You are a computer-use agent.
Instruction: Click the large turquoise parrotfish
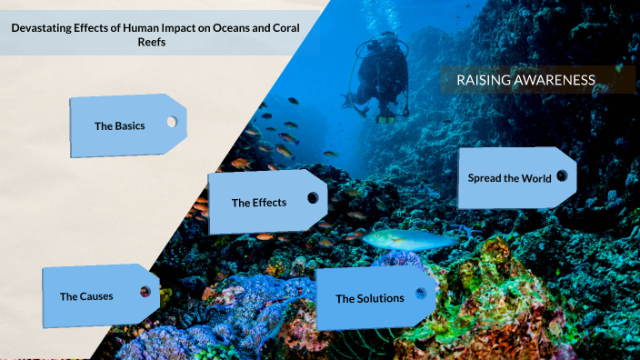[409, 240]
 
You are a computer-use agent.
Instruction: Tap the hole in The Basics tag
[171, 122]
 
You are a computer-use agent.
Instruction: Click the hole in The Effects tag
[314, 197]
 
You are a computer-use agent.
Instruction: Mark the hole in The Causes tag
[145, 292]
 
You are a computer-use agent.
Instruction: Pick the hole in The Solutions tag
[420, 294]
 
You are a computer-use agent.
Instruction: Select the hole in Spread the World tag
[562, 175]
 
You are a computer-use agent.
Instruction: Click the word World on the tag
[536, 178]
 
